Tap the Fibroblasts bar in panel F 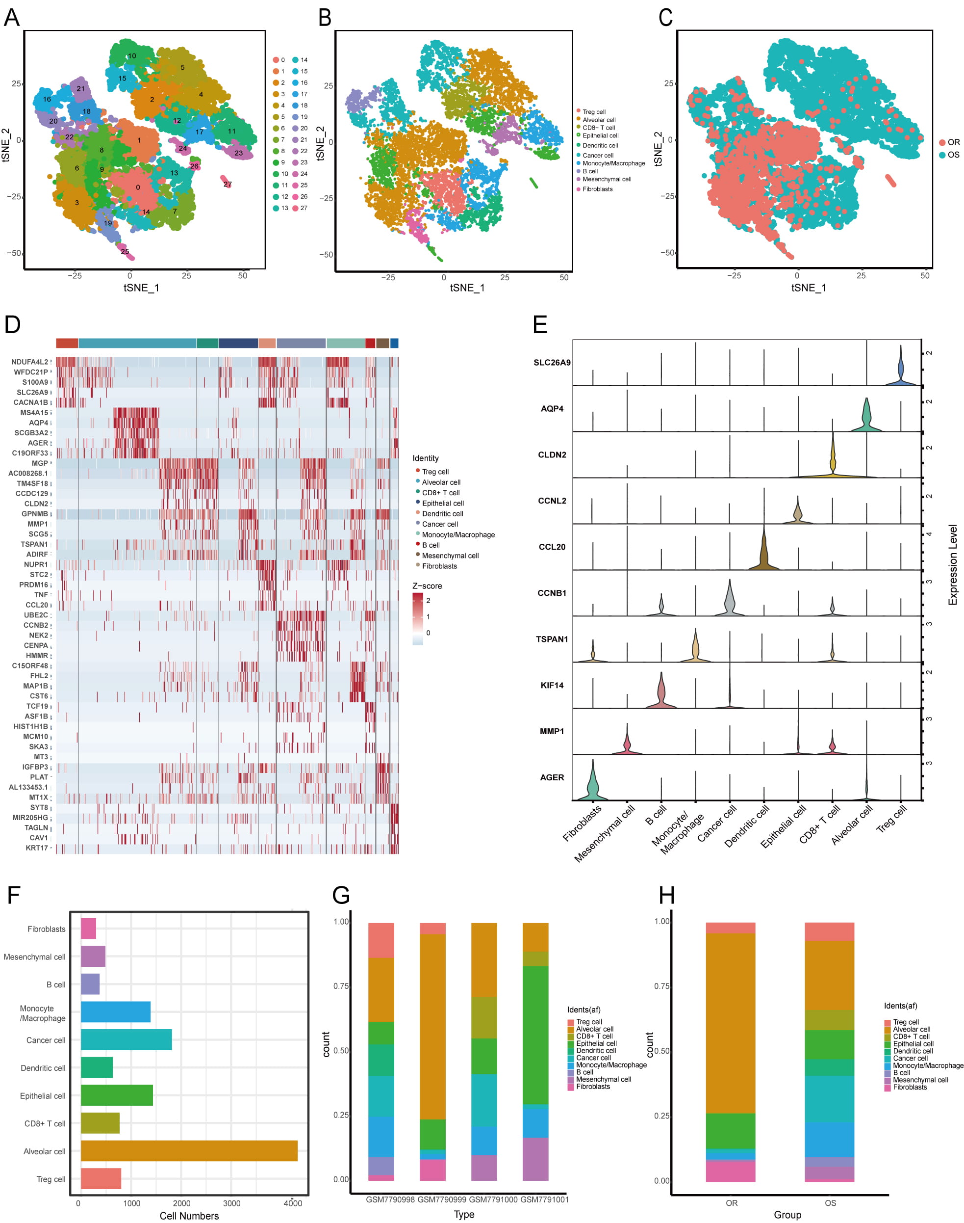[x=88, y=928]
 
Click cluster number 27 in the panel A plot [x=228, y=184]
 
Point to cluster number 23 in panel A [x=239, y=153]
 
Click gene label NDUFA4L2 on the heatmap [x=29, y=362]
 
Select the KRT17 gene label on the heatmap [x=37, y=848]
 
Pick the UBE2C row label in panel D [x=36, y=614]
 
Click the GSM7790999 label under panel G [x=441, y=1199]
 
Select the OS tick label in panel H [x=830, y=1203]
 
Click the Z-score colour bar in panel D [x=418, y=618]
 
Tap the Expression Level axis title [x=953, y=565]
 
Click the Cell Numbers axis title [x=189, y=1216]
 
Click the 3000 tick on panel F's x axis [x=231, y=1203]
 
